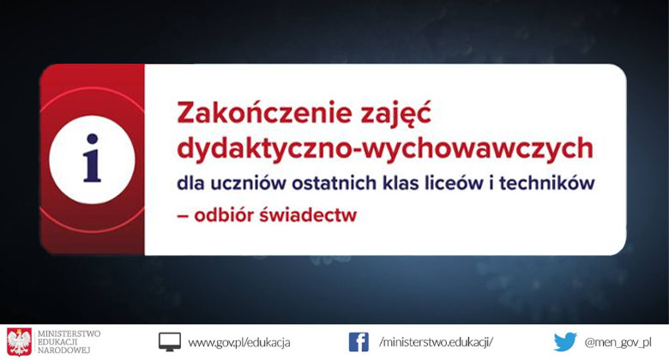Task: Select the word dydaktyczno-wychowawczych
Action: tap(384, 149)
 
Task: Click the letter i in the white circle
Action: tap(92, 159)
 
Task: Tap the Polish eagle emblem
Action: tap(19, 341)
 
